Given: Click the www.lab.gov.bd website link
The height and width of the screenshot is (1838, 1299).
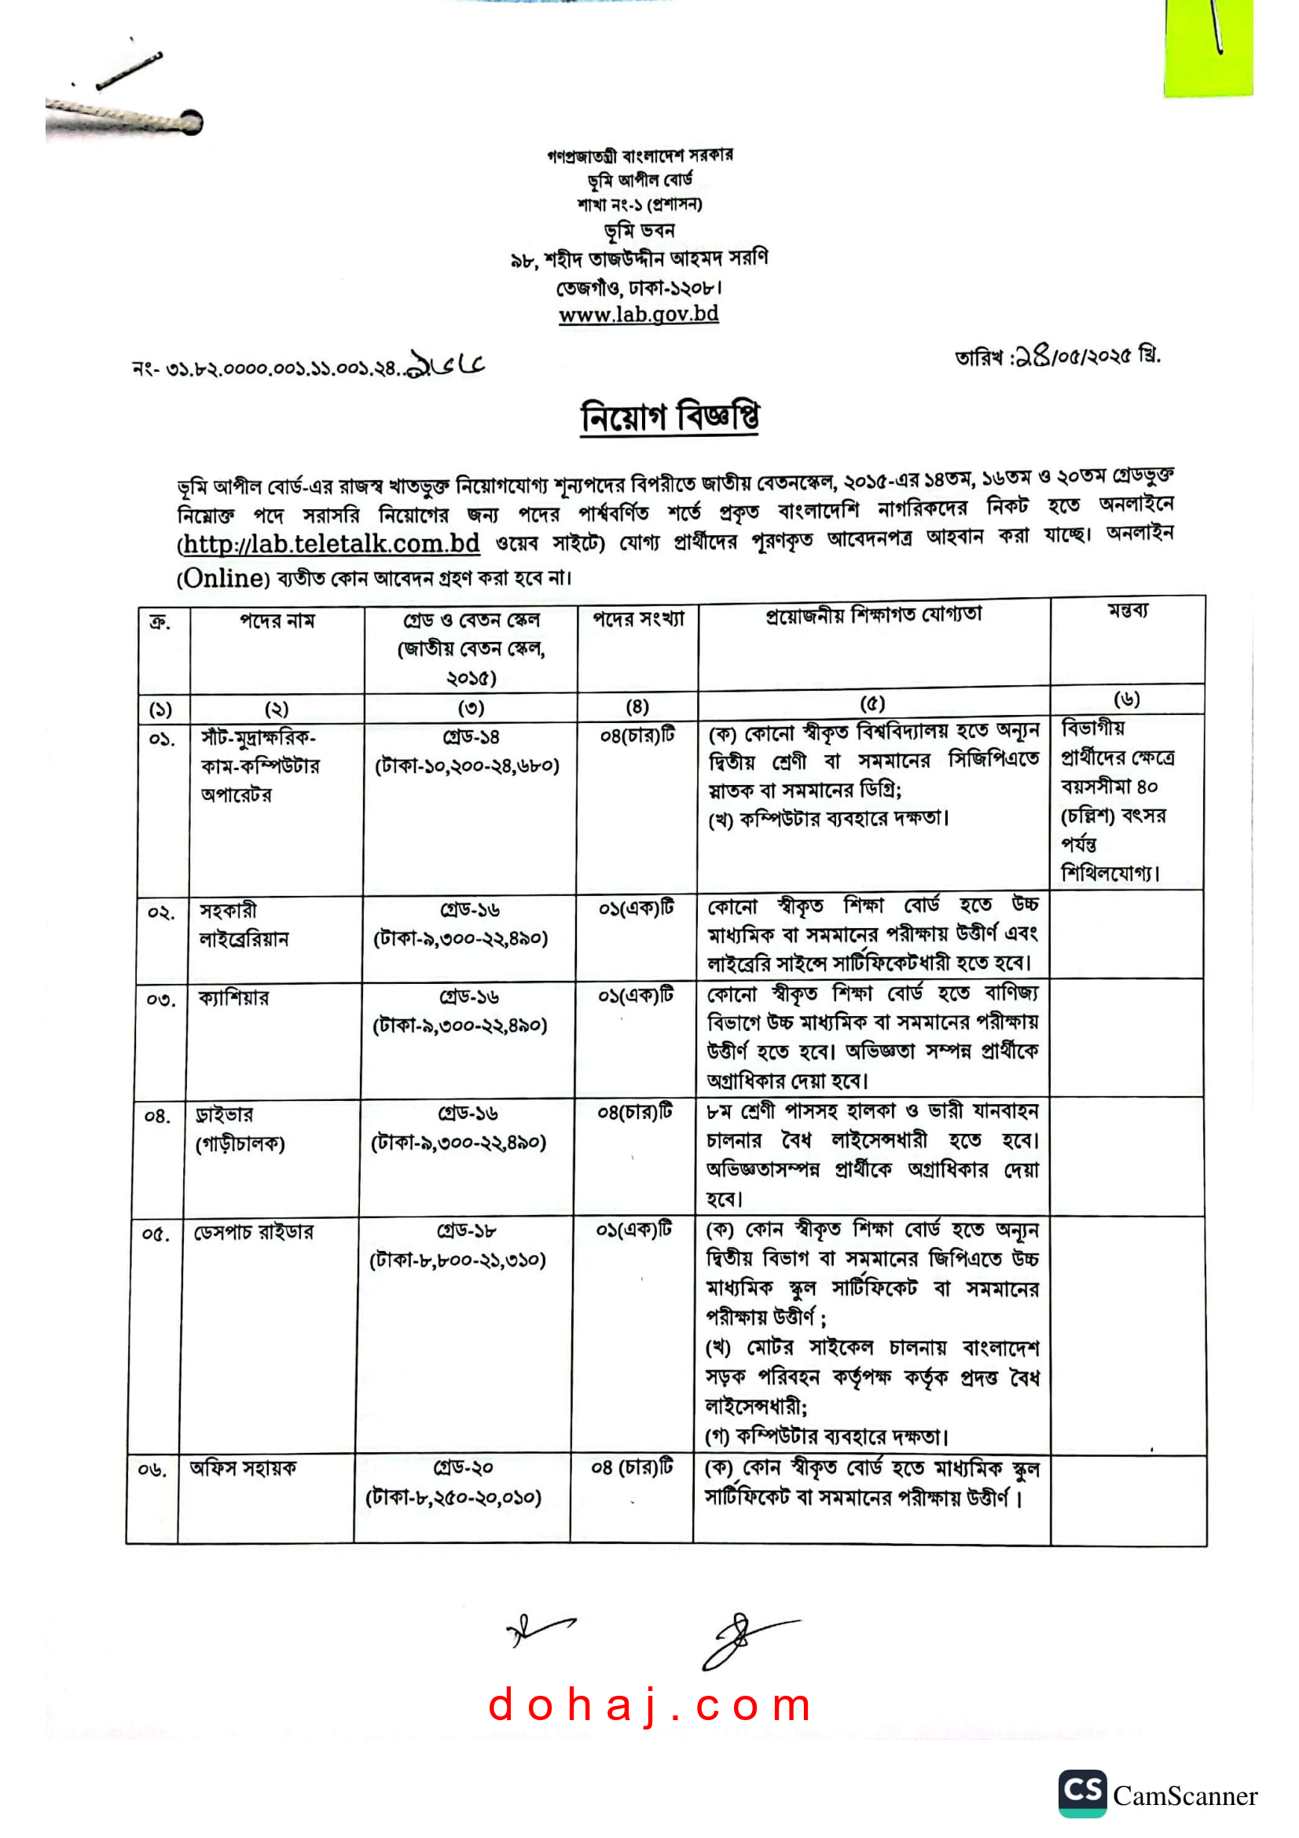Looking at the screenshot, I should pos(638,314).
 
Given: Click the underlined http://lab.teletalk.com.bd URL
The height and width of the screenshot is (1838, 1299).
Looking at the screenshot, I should pos(331,545).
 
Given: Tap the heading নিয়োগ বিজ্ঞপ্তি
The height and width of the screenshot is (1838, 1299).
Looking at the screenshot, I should pos(669,416).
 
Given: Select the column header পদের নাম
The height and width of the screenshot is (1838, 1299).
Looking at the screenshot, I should pos(277,621).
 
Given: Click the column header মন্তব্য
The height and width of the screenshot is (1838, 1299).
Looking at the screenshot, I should pos(1127,611).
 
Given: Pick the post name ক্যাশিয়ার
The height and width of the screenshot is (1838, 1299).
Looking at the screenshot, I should pos(233,997).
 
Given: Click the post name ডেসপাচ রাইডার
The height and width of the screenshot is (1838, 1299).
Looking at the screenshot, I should pos(254,1232).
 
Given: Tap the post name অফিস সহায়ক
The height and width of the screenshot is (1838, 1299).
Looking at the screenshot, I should pos(244,1467).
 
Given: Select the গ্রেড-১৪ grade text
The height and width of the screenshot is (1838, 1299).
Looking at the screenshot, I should pos(471,736).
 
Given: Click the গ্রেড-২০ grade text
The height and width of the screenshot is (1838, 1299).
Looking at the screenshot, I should pos(464,1467).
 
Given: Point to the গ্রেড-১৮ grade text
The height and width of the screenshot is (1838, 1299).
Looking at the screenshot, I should pos(467,1231).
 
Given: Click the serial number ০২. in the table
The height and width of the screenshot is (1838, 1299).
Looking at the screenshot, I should pos(161,912).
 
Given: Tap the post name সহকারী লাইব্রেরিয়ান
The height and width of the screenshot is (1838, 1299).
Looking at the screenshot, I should pos(244,925).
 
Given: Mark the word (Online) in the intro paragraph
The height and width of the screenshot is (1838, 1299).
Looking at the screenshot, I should pos(223,578).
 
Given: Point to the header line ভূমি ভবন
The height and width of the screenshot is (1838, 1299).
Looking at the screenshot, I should pos(639,231).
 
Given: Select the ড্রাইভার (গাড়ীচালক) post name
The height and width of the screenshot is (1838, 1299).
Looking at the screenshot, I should pos(240,1128).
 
